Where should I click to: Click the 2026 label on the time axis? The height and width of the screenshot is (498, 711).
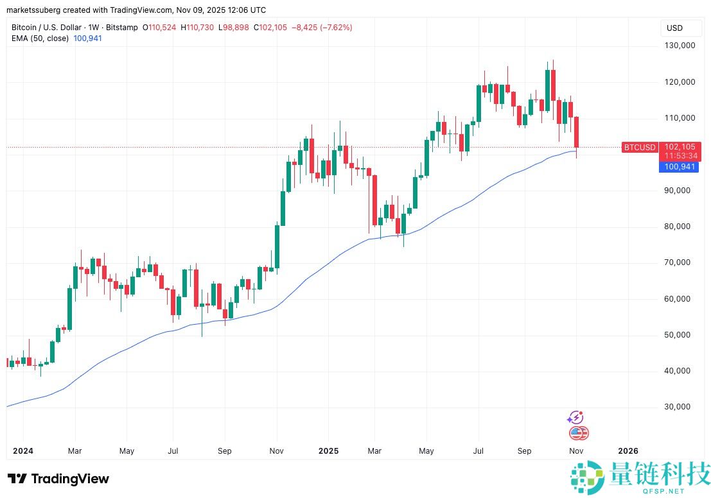click(x=628, y=451)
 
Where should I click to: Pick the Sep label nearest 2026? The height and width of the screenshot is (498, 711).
click(x=525, y=451)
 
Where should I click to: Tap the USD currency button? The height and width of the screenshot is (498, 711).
click(x=675, y=28)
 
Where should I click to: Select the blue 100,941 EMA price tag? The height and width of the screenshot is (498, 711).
click(x=679, y=167)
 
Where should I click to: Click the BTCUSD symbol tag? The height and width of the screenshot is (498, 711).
click(x=640, y=148)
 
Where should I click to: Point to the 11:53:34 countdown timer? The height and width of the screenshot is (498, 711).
click(x=683, y=156)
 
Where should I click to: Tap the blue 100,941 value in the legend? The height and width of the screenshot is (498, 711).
click(x=89, y=39)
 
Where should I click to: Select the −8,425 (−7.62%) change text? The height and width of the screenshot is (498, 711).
click(x=322, y=28)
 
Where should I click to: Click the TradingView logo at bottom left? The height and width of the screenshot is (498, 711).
click(x=58, y=479)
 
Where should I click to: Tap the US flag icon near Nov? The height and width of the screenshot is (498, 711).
click(x=578, y=433)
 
